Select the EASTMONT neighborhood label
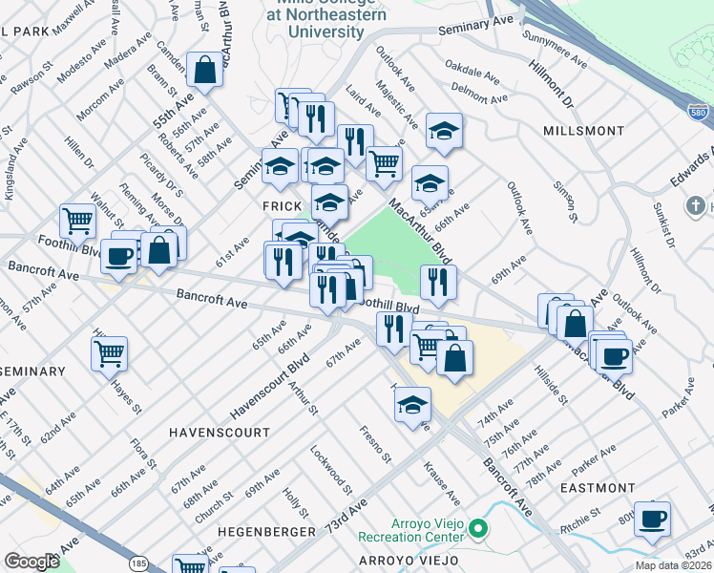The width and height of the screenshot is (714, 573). (597, 488)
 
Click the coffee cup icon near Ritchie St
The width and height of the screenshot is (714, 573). (652, 518)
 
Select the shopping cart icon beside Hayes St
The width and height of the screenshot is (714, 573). (110, 352)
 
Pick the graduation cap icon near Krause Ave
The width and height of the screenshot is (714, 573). (412, 404)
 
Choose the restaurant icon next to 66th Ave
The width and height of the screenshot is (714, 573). (438, 282)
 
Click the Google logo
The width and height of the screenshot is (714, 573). (31, 561)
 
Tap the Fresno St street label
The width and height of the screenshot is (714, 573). (375, 444)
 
